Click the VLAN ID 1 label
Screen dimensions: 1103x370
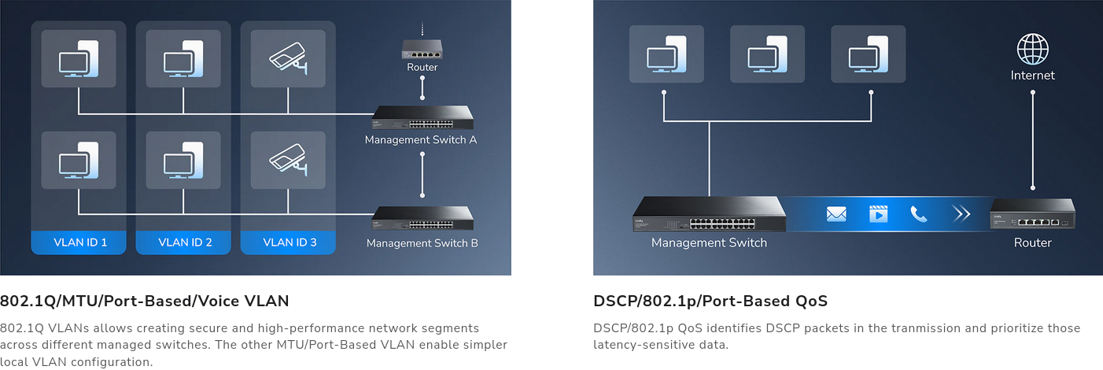coord(80,242)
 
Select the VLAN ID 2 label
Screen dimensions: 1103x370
coord(185,242)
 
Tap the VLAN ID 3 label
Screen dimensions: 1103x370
coord(290,242)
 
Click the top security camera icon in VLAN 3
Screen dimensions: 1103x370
coord(288,58)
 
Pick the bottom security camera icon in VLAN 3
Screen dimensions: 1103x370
coord(288,160)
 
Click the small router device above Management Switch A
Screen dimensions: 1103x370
coord(422,50)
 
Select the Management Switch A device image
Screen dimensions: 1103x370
coord(422,118)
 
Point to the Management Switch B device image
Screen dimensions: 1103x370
coord(422,218)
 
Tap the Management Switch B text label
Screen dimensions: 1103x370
coord(422,243)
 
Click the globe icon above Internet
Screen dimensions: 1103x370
coord(1032,50)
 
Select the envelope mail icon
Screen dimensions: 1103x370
coord(836,214)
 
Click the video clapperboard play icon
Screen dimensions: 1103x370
coord(879,214)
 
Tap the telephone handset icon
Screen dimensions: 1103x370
coord(919,214)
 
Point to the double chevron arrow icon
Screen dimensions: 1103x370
coord(961,214)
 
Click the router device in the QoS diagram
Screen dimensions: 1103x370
coord(1032,214)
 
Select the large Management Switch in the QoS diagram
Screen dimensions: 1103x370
coord(709,214)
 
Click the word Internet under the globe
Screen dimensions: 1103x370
coord(1032,76)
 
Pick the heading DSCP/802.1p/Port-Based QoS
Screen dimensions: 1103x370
coord(710,301)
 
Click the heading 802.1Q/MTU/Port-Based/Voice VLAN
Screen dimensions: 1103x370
coord(144,301)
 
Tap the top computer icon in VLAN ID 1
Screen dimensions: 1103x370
coord(79,58)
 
